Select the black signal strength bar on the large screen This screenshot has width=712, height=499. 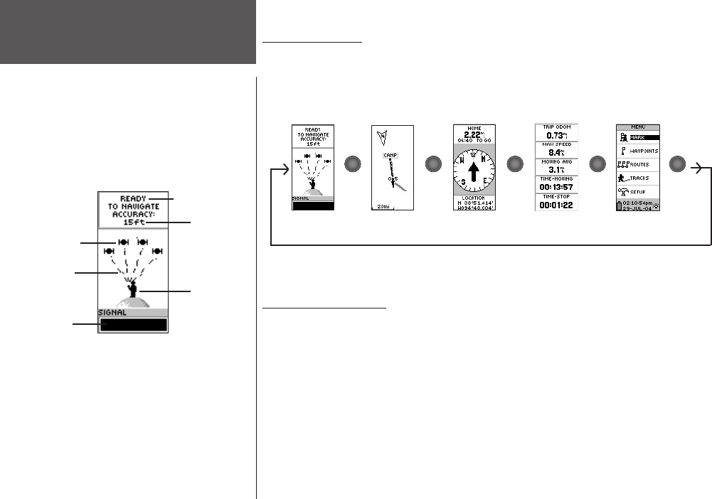click(x=134, y=325)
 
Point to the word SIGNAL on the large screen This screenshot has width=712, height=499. click(x=113, y=312)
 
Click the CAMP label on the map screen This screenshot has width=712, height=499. click(x=390, y=155)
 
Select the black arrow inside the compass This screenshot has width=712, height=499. click(x=474, y=171)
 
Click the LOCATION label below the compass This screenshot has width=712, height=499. click(x=474, y=198)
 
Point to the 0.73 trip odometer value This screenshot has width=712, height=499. click(x=553, y=135)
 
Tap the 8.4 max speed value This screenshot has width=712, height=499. click(x=553, y=151)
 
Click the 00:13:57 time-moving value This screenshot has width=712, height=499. click(x=556, y=187)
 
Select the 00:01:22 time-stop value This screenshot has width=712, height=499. click(x=556, y=205)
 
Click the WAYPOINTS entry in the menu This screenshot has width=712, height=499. click(x=644, y=151)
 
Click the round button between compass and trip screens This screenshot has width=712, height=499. click(x=515, y=164)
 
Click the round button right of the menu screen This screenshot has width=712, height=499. click(x=679, y=164)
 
